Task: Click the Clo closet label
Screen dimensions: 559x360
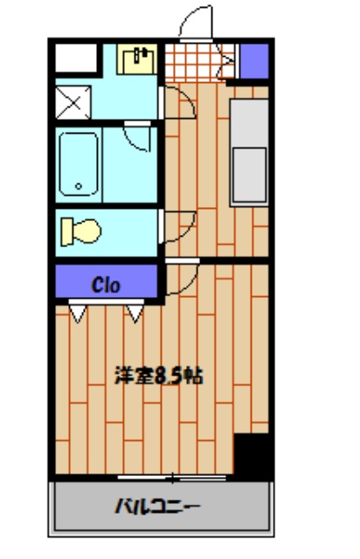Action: [107, 284]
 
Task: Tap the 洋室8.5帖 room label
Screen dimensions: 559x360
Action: [159, 376]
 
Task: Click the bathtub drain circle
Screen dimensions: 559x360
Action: [80, 186]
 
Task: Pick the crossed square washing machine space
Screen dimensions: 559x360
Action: [73, 103]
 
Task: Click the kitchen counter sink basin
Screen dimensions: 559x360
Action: [250, 172]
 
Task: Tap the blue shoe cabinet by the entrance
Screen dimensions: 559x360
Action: [253, 59]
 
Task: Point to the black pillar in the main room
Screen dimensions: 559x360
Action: [253, 454]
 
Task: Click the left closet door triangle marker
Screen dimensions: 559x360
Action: [77, 311]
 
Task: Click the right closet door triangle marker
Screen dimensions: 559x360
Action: [135, 311]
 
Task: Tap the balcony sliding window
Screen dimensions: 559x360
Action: [173, 477]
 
